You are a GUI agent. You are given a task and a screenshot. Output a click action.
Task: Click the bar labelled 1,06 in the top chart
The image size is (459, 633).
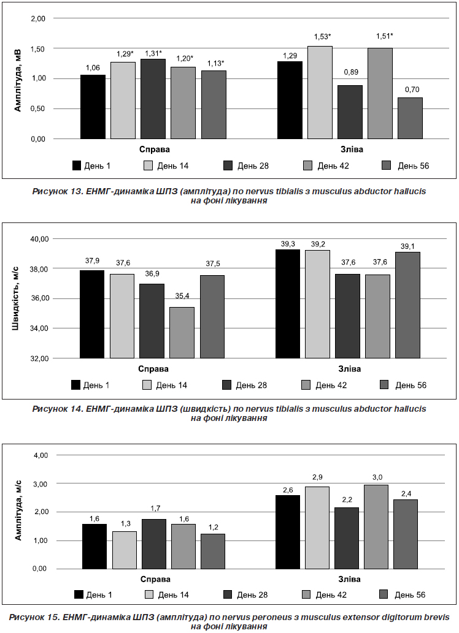[x=93, y=107]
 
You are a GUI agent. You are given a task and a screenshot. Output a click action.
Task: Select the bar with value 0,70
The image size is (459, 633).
[x=410, y=118]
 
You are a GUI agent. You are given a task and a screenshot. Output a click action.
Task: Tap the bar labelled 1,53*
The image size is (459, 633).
[x=320, y=93]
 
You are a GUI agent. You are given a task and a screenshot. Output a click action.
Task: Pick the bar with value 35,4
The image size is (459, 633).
[x=182, y=333]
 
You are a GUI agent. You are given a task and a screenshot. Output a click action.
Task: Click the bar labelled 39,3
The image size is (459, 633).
[x=288, y=303]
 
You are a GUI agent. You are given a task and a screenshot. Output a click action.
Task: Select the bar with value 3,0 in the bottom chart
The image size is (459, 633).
[x=376, y=527]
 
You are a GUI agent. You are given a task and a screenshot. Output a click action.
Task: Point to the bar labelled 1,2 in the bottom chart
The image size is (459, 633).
[x=213, y=552]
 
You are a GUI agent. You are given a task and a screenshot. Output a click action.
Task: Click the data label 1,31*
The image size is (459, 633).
[x=153, y=53]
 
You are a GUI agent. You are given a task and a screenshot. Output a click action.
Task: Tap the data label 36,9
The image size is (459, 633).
[x=152, y=274]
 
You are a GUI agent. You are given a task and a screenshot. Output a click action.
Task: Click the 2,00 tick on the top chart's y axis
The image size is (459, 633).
[x=38, y=18]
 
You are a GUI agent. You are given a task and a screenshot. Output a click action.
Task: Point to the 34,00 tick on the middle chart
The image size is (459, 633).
[x=39, y=328]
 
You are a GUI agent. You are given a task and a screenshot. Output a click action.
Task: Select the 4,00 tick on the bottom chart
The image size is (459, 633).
[x=40, y=455]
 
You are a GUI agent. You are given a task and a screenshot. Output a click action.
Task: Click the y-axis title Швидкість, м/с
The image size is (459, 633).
[x=16, y=298]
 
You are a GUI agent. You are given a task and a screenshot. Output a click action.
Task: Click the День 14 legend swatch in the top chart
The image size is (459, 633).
[x=148, y=165]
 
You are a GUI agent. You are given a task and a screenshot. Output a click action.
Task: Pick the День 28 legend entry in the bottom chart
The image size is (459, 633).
[x=245, y=594]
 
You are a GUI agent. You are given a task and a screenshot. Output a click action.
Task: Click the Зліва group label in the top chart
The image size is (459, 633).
[x=352, y=150]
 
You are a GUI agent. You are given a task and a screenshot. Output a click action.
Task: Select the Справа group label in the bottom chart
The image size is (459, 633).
[x=155, y=579]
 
